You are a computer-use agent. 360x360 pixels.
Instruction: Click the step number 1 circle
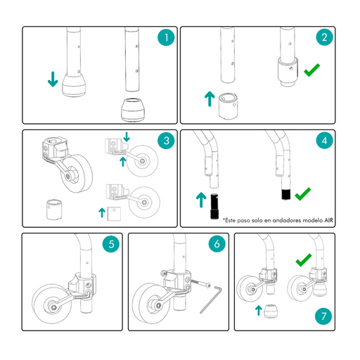point(166,37)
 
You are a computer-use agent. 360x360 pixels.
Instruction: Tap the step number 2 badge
point(324,37)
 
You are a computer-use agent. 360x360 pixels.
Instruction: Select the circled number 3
point(166,141)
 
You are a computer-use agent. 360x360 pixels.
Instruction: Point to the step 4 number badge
point(324,141)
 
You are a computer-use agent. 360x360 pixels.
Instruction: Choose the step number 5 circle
point(111,244)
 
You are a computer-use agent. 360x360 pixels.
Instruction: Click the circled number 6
point(217,244)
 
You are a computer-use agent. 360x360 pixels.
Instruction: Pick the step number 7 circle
point(323,316)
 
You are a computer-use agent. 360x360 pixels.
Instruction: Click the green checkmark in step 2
point(311,71)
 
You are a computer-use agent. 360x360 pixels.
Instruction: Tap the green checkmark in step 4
point(302,195)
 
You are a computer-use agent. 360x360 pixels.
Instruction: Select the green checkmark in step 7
point(303,261)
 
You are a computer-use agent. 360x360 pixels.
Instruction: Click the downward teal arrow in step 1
point(53,79)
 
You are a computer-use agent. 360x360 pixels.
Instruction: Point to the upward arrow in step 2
point(210,98)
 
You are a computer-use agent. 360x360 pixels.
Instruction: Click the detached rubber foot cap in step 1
point(132,110)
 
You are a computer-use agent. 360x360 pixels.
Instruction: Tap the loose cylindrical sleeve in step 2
point(228,106)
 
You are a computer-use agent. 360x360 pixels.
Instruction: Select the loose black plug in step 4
point(214,206)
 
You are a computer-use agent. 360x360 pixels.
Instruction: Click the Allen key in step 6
point(211,299)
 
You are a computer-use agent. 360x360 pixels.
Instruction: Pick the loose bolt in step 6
point(200,283)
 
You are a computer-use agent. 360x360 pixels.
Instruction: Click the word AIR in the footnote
point(328,220)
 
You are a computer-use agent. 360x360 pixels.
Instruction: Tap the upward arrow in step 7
point(258,311)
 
